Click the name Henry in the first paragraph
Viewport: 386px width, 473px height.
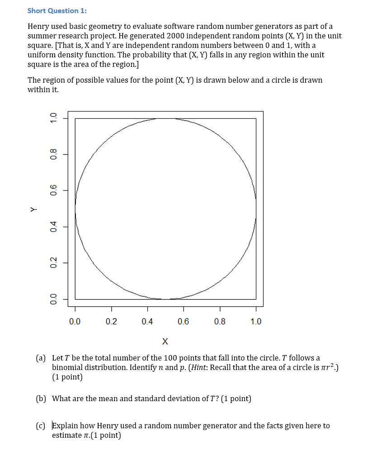(38, 27)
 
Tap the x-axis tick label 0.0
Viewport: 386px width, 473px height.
(75, 322)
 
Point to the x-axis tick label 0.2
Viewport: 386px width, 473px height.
(111, 322)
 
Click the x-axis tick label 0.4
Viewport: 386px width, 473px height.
(147, 322)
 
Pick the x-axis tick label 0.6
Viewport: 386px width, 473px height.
(183, 322)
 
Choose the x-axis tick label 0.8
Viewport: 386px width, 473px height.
(220, 322)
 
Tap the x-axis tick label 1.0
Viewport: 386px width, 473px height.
(255, 322)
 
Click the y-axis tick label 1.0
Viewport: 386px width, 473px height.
(53, 118)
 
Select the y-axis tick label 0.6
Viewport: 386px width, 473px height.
(53, 191)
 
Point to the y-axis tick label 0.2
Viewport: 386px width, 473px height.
(53, 263)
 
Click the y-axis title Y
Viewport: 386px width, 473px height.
(33, 209)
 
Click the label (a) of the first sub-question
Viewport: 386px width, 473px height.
(41, 358)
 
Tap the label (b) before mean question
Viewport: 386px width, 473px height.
(41, 398)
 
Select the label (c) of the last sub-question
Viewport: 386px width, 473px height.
(41, 426)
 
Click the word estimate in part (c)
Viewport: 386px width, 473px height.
(66, 435)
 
